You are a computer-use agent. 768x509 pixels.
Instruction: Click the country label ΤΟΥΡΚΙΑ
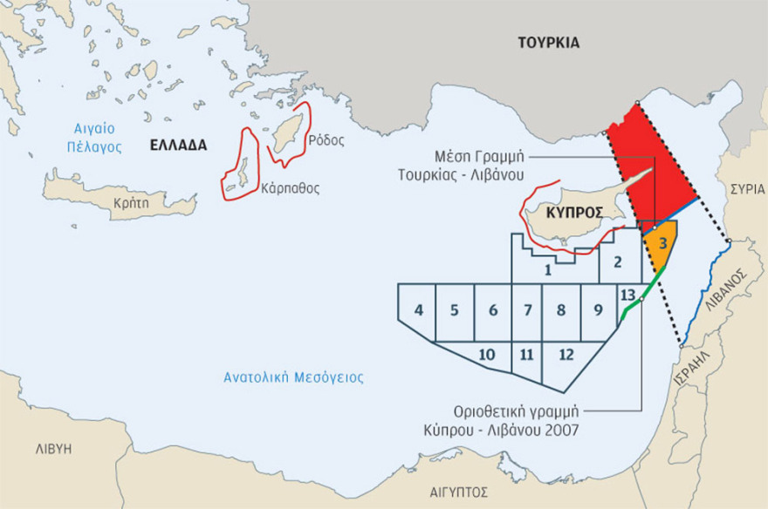click(x=548, y=43)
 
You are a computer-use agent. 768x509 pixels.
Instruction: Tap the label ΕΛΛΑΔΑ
click(x=177, y=146)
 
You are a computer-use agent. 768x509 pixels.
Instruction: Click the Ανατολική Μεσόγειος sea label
click(x=293, y=378)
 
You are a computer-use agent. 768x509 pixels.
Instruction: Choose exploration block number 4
click(x=419, y=310)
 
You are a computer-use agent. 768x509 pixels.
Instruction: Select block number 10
click(x=487, y=355)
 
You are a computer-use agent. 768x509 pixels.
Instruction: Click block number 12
click(x=566, y=355)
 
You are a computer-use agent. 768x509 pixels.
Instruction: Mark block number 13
click(x=627, y=295)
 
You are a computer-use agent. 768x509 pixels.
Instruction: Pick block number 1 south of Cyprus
click(x=547, y=269)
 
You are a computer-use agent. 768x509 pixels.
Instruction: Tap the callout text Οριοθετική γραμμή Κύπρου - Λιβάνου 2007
click(x=522, y=419)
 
